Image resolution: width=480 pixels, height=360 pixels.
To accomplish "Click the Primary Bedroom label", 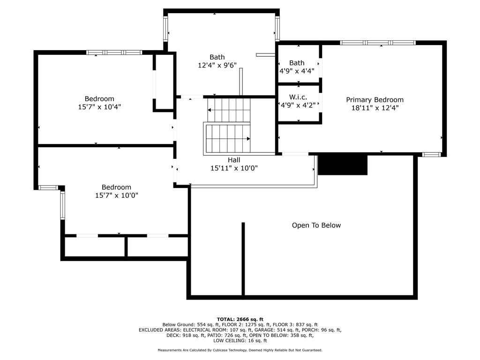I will click(375, 100).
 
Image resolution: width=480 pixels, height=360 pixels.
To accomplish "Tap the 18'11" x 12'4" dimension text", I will click(375, 108).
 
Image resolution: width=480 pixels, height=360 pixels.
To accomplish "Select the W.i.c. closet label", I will click(298, 97).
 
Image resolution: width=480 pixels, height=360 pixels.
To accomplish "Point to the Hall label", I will click(234, 160).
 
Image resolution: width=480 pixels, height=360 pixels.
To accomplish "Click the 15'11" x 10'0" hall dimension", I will click(234, 168).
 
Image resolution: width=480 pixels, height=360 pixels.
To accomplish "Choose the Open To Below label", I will click(316, 225).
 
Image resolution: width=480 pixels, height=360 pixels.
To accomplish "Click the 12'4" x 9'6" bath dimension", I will click(217, 66).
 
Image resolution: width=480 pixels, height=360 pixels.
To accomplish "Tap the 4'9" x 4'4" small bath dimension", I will click(297, 71).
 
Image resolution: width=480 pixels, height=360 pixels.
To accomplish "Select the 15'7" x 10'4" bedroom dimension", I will click(99, 107).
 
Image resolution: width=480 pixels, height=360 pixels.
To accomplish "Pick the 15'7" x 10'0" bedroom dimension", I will click(117, 195).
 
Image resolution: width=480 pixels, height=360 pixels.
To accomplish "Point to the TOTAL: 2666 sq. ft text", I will click(240, 319).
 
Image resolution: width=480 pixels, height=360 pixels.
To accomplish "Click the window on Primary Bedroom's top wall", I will click(378, 43).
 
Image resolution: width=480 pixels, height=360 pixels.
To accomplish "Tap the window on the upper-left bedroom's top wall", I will click(114, 52).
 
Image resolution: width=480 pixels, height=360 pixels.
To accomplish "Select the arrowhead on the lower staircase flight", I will click(248, 138).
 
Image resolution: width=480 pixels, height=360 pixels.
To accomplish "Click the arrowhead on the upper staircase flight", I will click(209, 111).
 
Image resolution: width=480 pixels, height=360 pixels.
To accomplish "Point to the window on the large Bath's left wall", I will click(165, 29).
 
